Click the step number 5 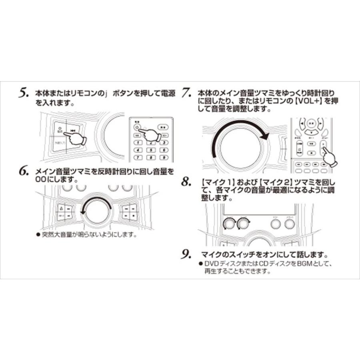point(23,93)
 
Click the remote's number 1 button point(138,142)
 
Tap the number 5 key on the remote point(150,150)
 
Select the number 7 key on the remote point(138,158)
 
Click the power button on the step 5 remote point(137,127)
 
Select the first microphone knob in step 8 point(229,223)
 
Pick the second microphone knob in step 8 point(243,223)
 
